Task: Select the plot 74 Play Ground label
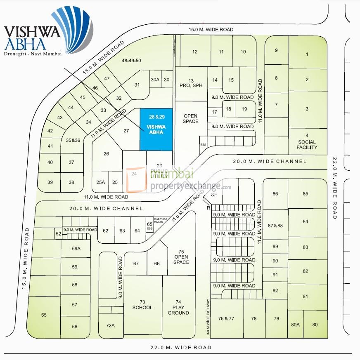click(178, 307)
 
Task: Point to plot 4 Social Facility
click(307, 141)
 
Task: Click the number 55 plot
click(44, 315)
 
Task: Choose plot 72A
click(110, 325)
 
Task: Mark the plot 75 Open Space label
click(181, 257)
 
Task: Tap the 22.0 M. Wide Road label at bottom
click(180, 348)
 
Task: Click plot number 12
click(195, 52)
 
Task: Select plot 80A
click(295, 325)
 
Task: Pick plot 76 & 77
click(226, 318)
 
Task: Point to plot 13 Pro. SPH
click(191, 83)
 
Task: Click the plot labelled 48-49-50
click(131, 61)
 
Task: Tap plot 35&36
click(73, 140)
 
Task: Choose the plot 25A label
click(101, 182)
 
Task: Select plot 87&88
click(275, 226)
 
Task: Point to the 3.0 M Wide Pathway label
click(208, 316)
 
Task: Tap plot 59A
click(76, 249)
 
